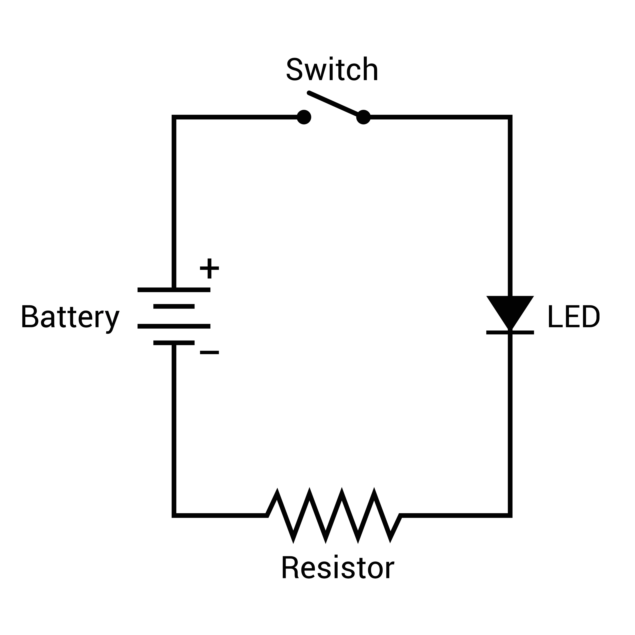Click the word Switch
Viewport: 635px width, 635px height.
332,69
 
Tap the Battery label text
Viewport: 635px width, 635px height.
70,317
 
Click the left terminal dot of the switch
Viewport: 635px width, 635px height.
304,117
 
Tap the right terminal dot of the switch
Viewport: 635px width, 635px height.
363,117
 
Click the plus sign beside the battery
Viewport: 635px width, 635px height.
209,269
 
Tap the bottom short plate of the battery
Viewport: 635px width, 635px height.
174,343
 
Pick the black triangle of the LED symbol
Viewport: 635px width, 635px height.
510,309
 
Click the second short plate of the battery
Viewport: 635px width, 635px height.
174,306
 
